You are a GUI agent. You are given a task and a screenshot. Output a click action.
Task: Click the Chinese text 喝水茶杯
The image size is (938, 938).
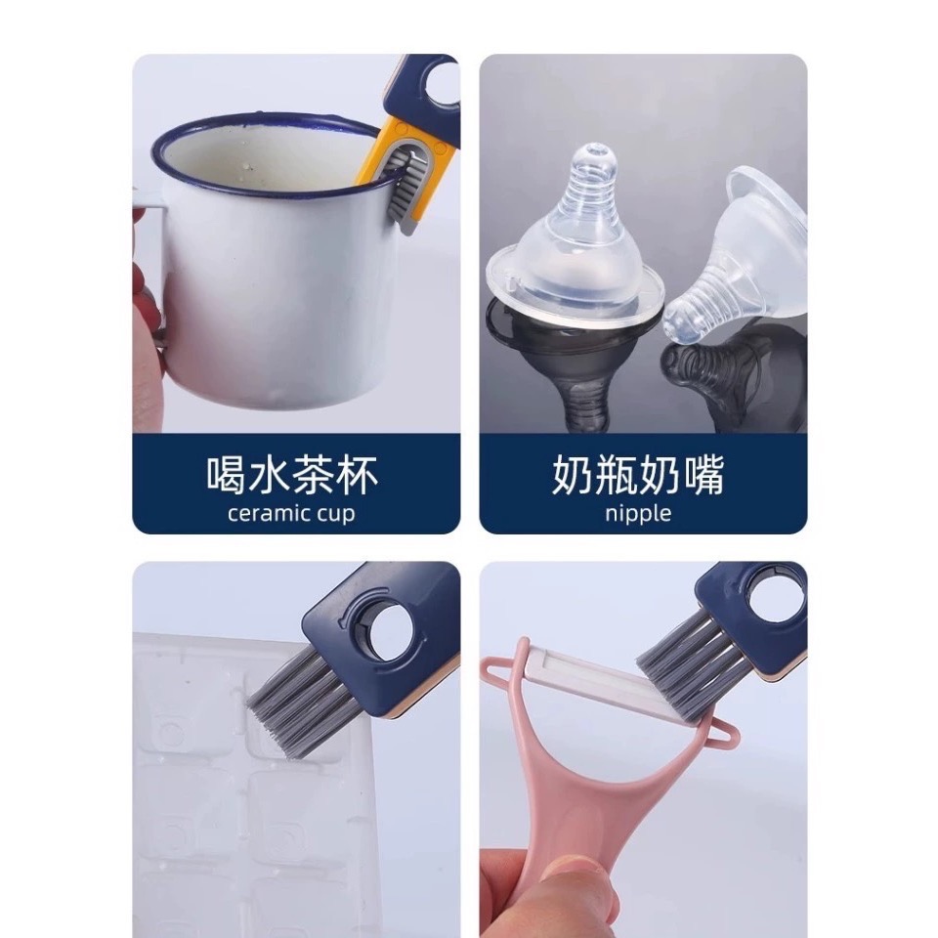click(x=292, y=475)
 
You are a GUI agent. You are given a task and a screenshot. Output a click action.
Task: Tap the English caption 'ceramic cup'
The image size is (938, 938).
click(x=291, y=513)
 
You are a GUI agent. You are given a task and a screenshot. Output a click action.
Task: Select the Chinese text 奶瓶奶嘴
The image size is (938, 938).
click(x=638, y=475)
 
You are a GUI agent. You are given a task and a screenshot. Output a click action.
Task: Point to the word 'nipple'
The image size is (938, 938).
click(x=638, y=513)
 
